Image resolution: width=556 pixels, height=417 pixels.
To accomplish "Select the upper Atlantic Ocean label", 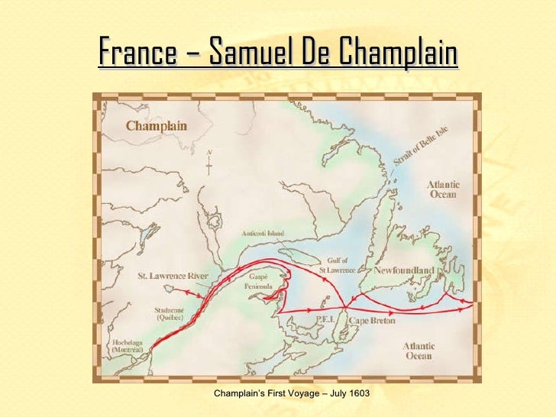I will click(x=442, y=189).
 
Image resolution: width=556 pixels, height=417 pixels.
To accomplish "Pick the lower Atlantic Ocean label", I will click(x=419, y=351).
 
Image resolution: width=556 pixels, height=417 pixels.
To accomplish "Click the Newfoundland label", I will click(x=404, y=271).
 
